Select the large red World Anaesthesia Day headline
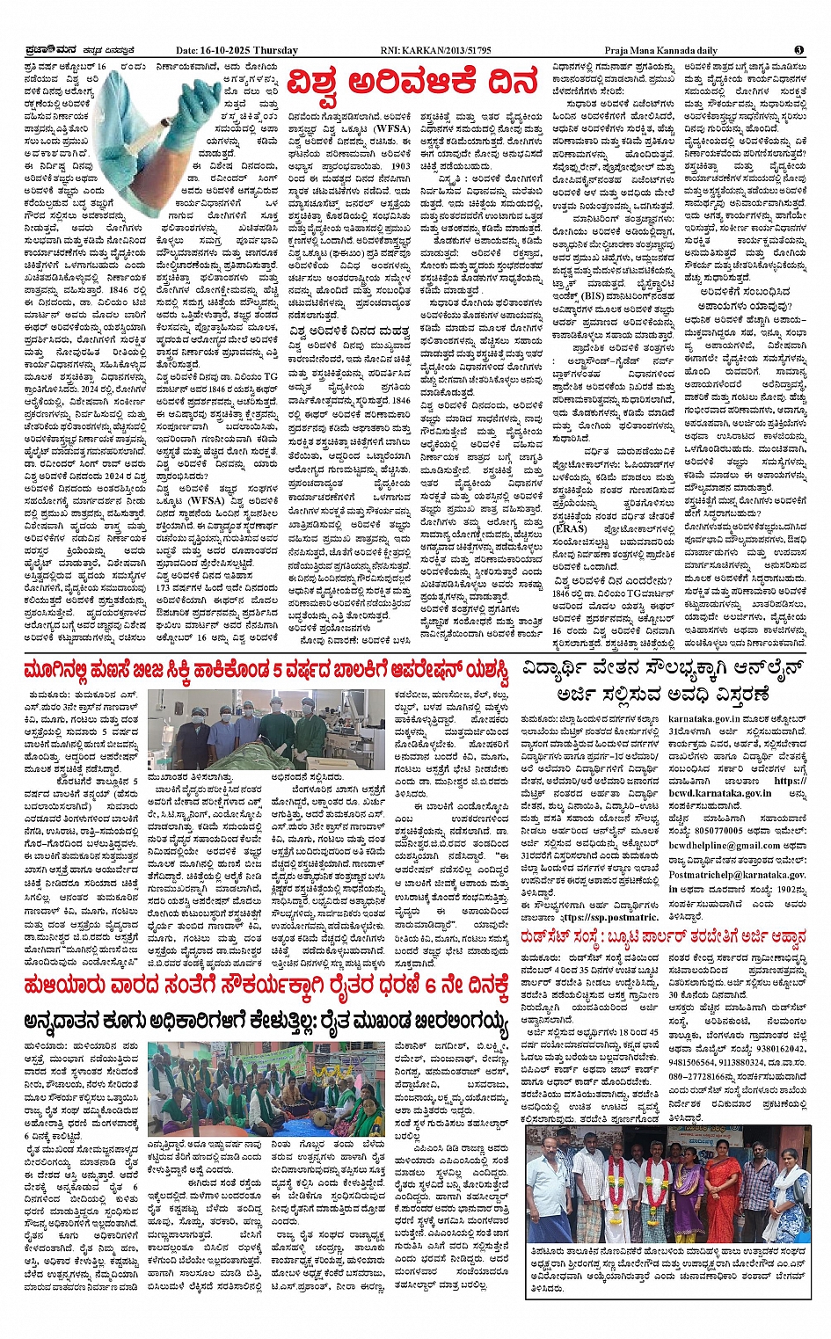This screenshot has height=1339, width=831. pos(412,84)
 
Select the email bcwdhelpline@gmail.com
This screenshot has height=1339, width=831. pos(725,845)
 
